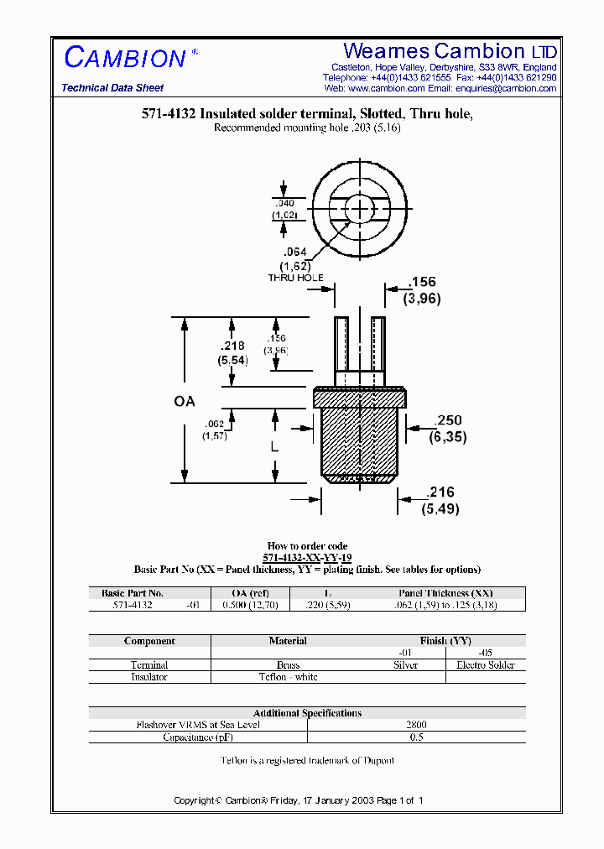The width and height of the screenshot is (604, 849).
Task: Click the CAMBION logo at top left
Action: [125, 58]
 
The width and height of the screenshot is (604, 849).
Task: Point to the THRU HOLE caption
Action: [295, 278]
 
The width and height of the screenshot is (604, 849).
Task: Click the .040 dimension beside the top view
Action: [285, 203]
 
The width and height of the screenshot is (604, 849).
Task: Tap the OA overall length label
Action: [185, 402]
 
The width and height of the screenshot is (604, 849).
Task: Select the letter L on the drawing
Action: [274, 448]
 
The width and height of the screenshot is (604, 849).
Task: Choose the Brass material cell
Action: [288, 664]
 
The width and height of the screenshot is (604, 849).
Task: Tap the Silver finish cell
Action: [405, 664]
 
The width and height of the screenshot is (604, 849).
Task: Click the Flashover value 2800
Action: [416, 725]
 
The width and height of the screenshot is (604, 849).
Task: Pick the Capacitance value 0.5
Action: [416, 737]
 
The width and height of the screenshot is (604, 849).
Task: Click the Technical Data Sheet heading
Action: [112, 88]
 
